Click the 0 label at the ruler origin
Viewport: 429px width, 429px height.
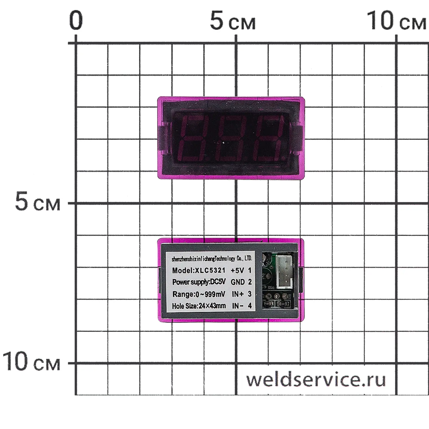[76, 21]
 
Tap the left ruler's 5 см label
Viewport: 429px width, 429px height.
[38, 203]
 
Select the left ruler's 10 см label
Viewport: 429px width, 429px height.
[31, 362]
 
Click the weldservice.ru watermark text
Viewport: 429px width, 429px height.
[316, 380]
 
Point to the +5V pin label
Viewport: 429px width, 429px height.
[237, 270]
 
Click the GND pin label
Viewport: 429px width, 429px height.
[238, 282]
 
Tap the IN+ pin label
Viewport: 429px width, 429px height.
[238, 294]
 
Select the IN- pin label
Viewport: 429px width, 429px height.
[238, 306]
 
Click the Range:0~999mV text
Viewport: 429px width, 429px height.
[198, 294]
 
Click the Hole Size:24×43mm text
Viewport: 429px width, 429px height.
[198, 306]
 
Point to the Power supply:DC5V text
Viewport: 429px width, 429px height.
[198, 282]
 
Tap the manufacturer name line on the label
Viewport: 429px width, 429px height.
[212, 259]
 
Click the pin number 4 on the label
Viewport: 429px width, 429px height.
[250, 306]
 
